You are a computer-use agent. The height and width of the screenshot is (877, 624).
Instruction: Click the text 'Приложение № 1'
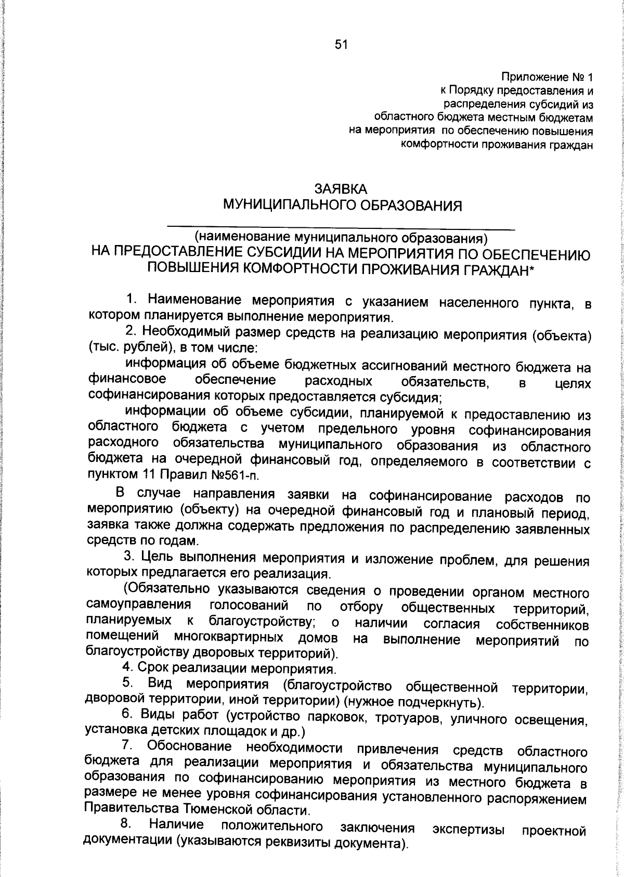point(546,78)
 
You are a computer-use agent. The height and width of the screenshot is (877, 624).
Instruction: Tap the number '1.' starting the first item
point(132,299)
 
